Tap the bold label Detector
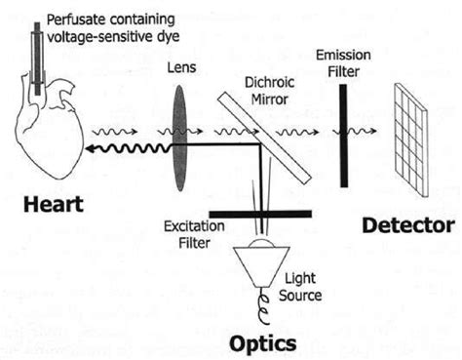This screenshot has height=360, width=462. (x=407, y=225)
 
